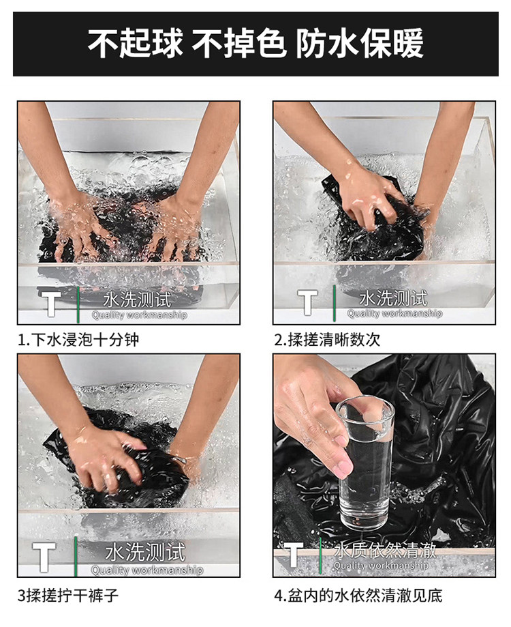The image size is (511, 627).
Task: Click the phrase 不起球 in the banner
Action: pyautogui.click(x=135, y=43)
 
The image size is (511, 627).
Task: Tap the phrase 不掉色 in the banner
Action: pyautogui.click(x=238, y=43)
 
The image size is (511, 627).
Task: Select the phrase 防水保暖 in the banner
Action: pyautogui.click(x=360, y=43)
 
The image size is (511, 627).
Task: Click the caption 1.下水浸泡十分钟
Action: pyautogui.click(x=78, y=340)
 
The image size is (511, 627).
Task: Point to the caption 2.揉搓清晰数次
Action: pyautogui.click(x=327, y=340)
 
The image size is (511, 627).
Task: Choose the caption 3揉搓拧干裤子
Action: pyautogui.click(x=68, y=596)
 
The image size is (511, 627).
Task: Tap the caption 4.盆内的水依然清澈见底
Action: pyautogui.click(x=358, y=596)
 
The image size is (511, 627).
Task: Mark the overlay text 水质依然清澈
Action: pyautogui.click(x=385, y=550)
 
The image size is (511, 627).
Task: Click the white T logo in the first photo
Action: pyautogui.click(x=50, y=304)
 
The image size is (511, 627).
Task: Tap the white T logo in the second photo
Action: pyautogui.click(x=307, y=302)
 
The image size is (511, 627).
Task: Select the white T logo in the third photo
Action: pyautogui.click(x=44, y=557)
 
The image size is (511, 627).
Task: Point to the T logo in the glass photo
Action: pyautogui.click(x=292, y=554)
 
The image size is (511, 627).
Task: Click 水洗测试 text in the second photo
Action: pyautogui.click(x=393, y=298)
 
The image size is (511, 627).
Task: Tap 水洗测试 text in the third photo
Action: pyautogui.click(x=145, y=552)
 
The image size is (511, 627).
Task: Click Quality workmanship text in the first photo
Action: pyautogui.click(x=139, y=315)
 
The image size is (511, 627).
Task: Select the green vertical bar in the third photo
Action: pyautogui.click(x=76, y=556)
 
